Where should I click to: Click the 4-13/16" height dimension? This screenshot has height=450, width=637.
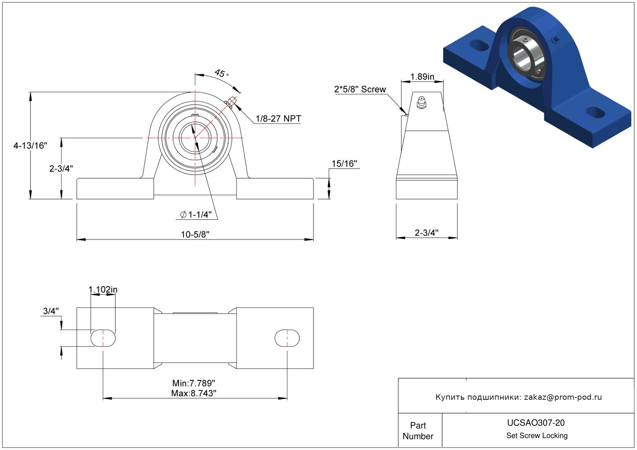click(30, 146)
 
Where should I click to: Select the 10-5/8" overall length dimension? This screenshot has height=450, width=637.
click(195, 234)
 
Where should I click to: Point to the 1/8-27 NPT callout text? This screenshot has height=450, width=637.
click(278, 119)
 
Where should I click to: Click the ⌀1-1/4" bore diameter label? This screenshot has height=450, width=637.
click(196, 214)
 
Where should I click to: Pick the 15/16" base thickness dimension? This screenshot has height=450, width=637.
click(344, 163)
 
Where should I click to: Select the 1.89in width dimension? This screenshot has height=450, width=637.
click(422, 76)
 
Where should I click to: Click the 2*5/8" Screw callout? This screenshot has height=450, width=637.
click(360, 89)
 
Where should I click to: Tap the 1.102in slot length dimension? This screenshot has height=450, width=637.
click(103, 289)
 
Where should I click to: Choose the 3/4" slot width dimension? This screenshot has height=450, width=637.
click(51, 311)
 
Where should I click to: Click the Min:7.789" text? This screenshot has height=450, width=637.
click(194, 383)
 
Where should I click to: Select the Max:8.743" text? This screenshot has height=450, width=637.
click(194, 393)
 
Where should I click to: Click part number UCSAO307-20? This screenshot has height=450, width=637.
click(536, 423)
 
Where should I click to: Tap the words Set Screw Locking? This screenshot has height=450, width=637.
click(537, 435)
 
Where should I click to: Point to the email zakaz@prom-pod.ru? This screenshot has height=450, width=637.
click(563, 397)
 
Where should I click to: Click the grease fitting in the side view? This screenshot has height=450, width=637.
click(421, 103)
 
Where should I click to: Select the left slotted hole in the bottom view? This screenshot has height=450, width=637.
click(103, 338)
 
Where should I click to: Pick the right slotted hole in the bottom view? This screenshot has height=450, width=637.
click(287, 338)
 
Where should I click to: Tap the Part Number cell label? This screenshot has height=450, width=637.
click(418, 431)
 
